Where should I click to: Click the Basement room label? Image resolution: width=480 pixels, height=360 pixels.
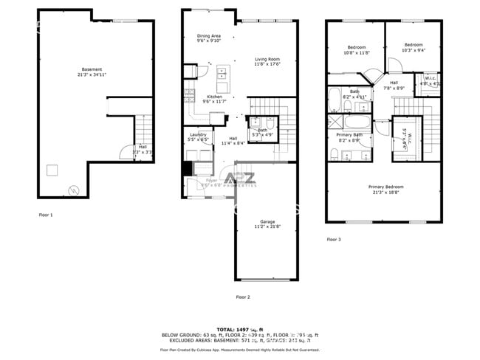pos(92,72)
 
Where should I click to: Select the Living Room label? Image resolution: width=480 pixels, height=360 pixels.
pos(268,61)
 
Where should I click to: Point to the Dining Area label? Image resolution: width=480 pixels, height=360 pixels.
pos(209,38)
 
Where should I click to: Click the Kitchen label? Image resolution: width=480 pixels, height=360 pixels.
pos(214,99)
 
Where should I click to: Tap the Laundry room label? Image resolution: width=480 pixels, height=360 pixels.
pos(198,136)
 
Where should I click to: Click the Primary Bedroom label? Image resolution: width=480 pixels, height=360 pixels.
pos(385,190)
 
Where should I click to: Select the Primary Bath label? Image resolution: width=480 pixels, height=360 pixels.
pos(349,137)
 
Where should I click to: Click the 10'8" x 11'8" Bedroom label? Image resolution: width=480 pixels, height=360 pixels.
pos(357,50)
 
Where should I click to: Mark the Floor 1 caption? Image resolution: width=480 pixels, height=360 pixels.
pos(46,215)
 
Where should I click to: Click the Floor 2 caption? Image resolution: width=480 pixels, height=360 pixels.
pos(243,297)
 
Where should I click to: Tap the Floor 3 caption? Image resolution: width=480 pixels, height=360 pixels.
pos(335,239)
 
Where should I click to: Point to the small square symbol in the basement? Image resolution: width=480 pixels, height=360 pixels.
pos(52,170)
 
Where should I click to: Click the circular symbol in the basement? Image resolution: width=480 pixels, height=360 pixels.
pos(72,190)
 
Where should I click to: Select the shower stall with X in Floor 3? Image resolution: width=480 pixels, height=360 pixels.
pos(336,122)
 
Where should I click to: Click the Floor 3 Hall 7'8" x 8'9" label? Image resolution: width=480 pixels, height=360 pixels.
pos(394,86)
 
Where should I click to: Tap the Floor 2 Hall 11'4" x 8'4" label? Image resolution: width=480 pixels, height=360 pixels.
pos(233,140)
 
